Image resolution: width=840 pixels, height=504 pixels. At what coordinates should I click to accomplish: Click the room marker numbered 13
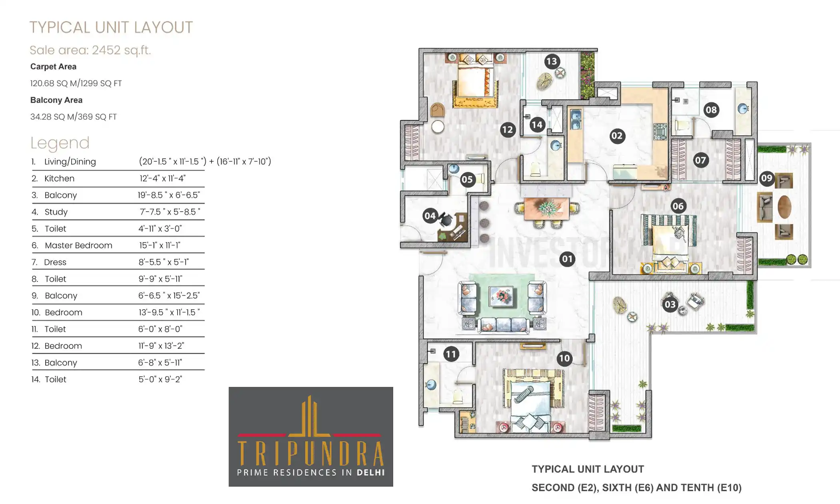(552, 61)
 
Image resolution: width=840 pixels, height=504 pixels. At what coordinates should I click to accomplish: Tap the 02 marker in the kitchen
(617, 136)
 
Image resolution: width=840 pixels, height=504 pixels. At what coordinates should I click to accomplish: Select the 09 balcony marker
(766, 178)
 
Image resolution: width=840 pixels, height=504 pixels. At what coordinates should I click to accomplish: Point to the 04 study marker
(430, 216)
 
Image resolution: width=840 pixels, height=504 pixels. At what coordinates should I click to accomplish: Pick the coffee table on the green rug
(501, 297)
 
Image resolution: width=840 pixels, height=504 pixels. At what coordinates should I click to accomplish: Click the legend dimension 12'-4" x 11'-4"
(162, 178)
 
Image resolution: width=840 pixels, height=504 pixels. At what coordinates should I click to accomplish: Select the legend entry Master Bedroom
(78, 245)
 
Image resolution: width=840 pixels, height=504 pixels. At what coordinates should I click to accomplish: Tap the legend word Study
(56, 212)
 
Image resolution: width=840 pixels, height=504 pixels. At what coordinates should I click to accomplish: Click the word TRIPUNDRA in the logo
(311, 454)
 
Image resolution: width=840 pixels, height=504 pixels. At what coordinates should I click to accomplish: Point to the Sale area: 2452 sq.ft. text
(90, 50)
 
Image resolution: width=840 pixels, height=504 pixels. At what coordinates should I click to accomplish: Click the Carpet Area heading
(53, 67)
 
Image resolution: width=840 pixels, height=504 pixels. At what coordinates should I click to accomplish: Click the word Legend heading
(60, 143)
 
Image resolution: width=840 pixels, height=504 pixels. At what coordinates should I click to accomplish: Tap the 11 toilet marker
(451, 354)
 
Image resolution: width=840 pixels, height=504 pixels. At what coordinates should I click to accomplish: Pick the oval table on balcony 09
(784, 206)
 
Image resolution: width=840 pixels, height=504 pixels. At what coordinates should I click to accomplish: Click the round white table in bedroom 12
(438, 127)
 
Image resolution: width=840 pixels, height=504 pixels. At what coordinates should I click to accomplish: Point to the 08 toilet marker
(711, 110)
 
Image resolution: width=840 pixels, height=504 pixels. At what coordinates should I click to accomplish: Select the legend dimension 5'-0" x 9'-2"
(160, 379)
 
